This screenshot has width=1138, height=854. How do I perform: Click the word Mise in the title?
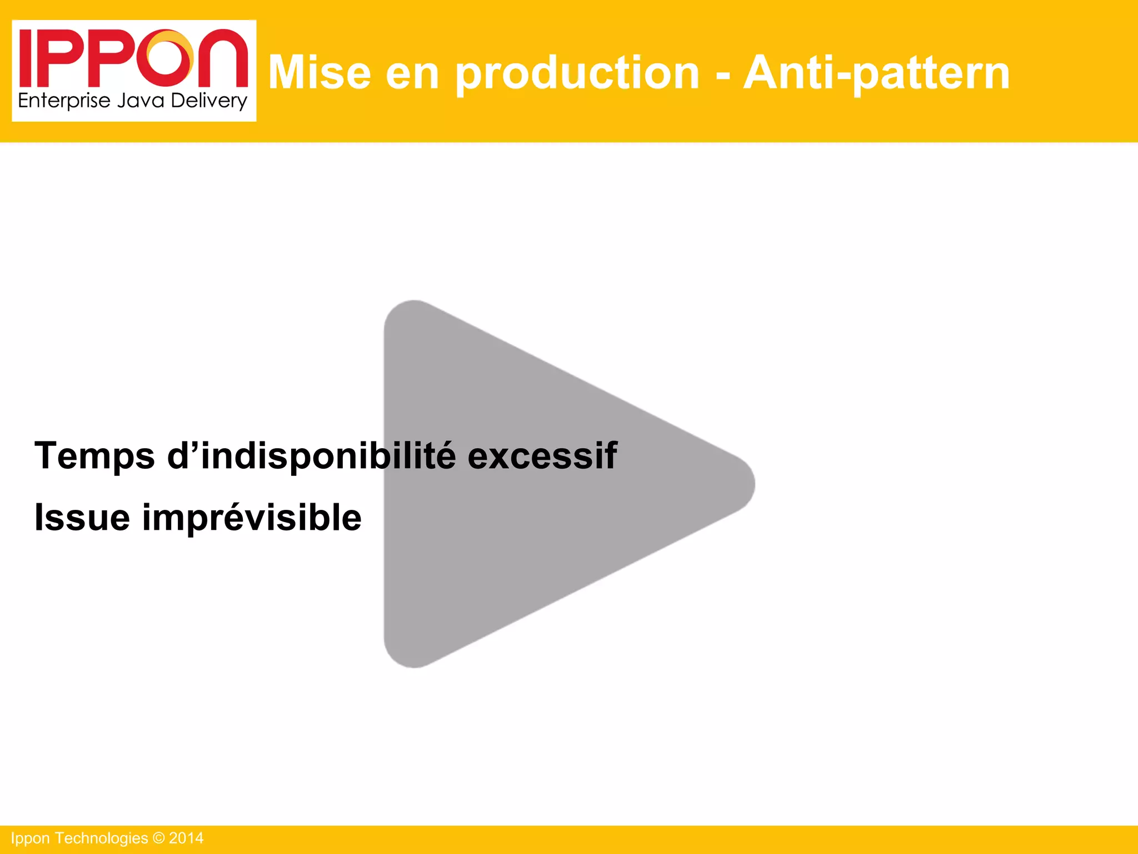click(x=320, y=72)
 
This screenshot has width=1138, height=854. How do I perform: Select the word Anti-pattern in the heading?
click(x=876, y=73)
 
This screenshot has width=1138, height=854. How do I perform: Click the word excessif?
click(x=542, y=456)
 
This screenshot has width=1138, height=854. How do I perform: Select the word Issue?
click(x=82, y=518)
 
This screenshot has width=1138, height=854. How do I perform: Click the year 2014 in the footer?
click(x=186, y=838)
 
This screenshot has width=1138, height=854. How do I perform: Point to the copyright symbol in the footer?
click(x=158, y=838)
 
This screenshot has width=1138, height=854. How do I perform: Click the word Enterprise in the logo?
click(x=64, y=101)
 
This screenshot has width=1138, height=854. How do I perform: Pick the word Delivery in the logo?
click(x=208, y=101)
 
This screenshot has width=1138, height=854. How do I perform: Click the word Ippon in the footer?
click(x=31, y=838)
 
